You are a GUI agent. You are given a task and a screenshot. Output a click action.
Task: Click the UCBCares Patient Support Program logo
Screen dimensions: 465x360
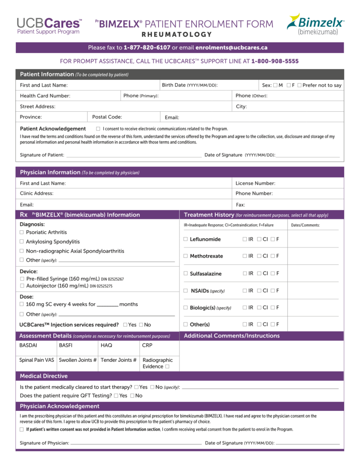49,25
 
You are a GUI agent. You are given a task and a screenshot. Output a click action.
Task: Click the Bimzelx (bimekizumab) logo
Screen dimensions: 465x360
315,24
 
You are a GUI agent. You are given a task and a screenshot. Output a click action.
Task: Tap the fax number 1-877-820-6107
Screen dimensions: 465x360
147,48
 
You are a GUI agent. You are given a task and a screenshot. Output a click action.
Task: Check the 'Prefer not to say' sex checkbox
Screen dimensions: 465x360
299,85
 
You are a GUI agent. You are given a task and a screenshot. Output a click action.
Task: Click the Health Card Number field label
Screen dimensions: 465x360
45,96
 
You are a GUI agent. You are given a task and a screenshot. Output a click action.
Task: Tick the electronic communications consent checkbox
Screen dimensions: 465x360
98,129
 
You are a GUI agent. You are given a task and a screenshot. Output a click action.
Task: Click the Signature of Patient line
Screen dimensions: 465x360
134,155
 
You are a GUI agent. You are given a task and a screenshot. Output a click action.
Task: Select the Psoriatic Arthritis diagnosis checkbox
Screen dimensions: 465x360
22,232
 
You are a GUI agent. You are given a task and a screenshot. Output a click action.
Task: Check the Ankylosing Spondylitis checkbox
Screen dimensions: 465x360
22,242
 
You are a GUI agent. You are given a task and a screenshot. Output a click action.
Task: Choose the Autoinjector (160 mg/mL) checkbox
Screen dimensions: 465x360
22,286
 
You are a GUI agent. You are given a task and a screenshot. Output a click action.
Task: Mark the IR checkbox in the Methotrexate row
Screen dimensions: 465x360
245,256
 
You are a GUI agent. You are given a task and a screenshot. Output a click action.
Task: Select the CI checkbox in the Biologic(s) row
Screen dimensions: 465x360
259,308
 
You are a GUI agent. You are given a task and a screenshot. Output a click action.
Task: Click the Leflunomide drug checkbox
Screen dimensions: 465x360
185,239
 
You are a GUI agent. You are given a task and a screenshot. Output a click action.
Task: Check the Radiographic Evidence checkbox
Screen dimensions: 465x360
167,366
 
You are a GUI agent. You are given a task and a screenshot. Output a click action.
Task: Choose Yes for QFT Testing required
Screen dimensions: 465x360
116,396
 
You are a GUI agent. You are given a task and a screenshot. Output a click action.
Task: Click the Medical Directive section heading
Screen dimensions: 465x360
44,376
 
